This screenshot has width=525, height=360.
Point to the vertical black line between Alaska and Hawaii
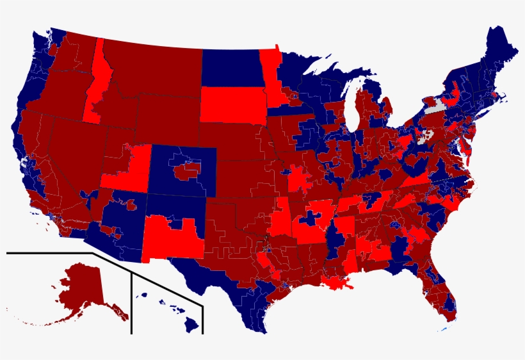pos(132,301)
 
